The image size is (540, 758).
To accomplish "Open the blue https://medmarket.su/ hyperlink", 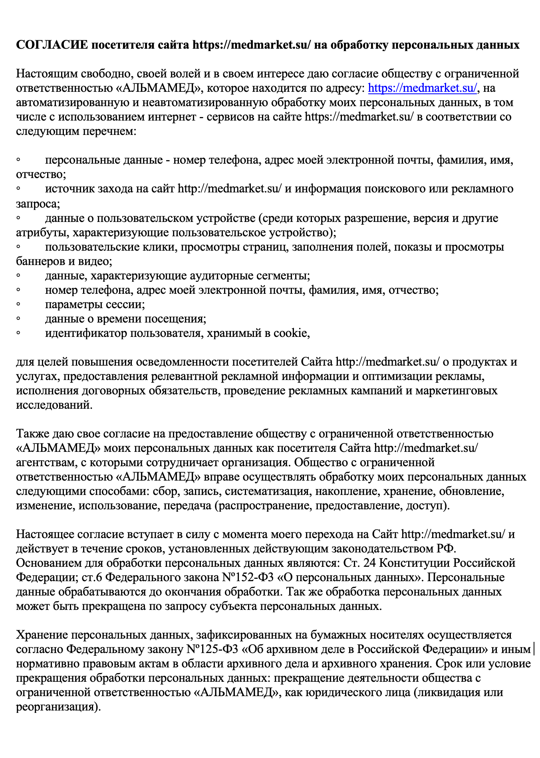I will [x=422, y=88].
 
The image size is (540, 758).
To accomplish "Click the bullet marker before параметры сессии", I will [x=18, y=305].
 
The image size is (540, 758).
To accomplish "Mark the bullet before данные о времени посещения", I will [x=18, y=319].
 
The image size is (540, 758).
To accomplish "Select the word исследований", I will [x=54, y=405].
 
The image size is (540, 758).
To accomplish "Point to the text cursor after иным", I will [x=534, y=649].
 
